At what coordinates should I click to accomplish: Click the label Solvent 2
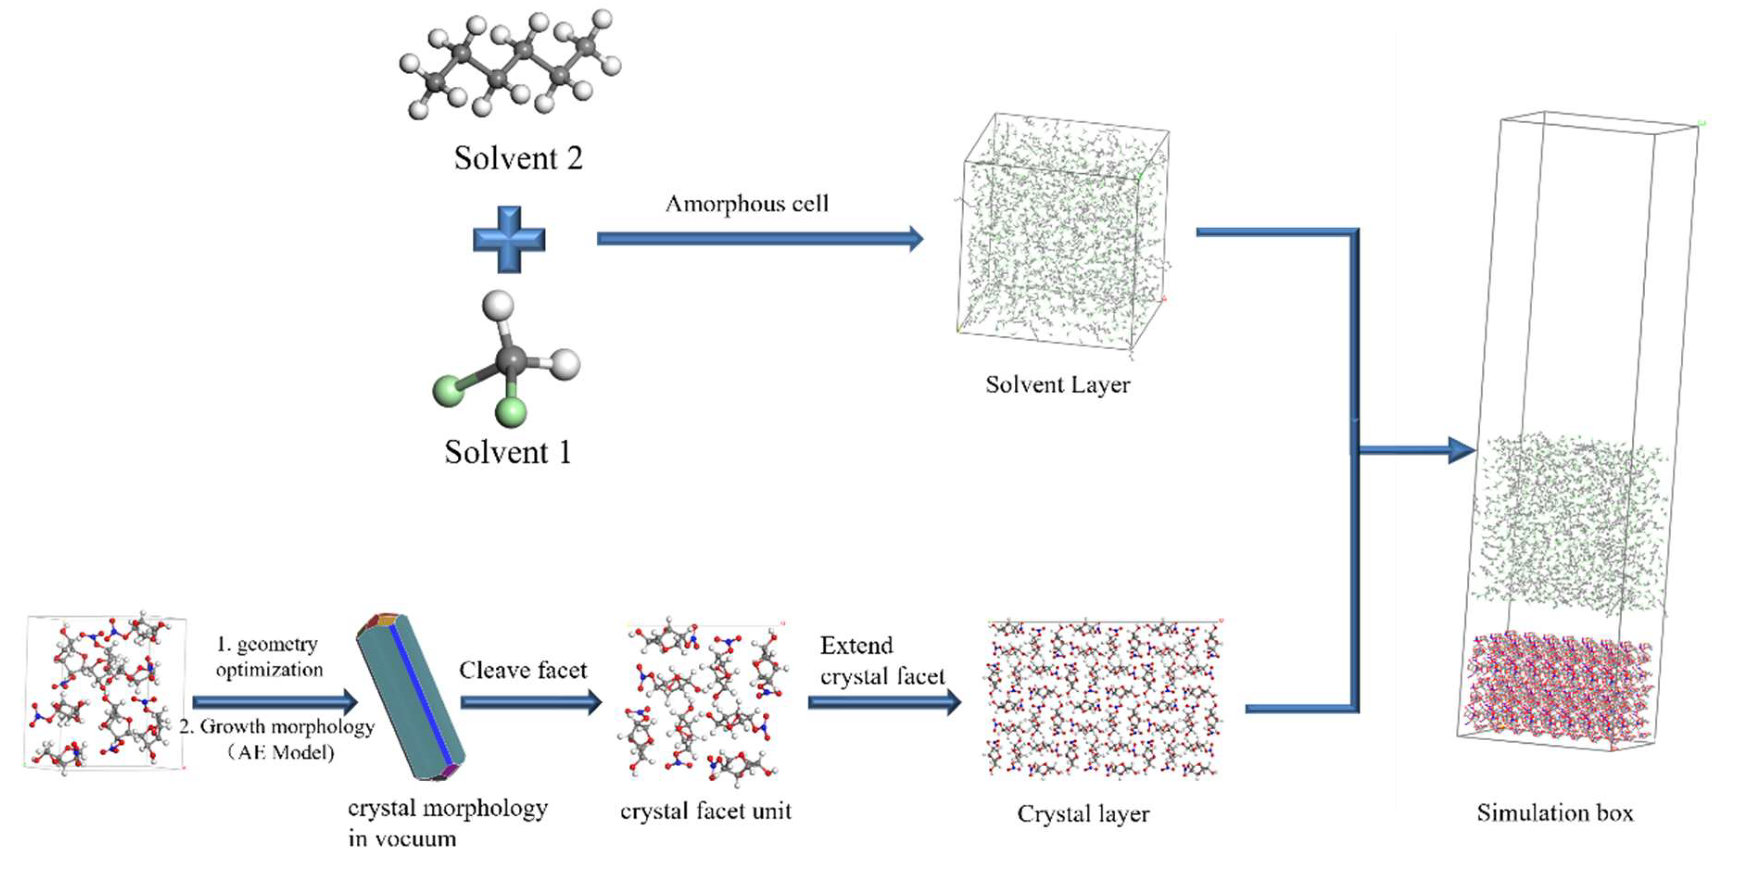(518, 158)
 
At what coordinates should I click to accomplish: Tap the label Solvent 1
(508, 452)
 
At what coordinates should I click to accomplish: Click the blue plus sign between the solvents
(509, 240)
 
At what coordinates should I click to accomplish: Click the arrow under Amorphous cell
(758, 238)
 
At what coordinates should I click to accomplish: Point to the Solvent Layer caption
(1057, 385)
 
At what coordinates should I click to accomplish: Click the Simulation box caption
(1555, 813)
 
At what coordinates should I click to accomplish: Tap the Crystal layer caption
(1083, 814)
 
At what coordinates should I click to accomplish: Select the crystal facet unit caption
(705, 811)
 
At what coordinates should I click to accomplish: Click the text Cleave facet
(523, 670)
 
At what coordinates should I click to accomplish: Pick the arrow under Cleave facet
(531, 702)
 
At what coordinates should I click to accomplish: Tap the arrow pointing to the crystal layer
(884, 702)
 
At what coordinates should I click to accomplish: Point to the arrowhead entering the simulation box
(1462, 450)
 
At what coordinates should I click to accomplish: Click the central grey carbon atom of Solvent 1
(511, 359)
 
